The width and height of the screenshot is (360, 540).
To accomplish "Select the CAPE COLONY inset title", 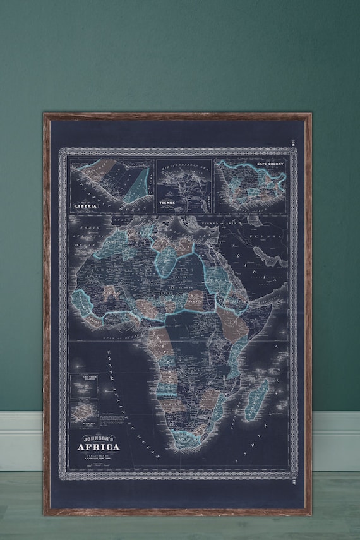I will click(x=268, y=165).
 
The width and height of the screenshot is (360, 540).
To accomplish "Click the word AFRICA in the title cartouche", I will click(x=96, y=449).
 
